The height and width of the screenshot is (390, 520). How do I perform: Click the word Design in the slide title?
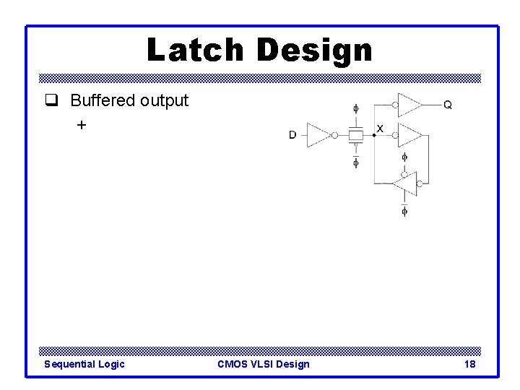pos(313,50)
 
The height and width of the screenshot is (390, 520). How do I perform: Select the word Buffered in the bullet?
pos(103,100)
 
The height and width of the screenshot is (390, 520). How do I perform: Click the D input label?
pos(292,135)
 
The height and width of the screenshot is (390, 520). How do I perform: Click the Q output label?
pos(448,105)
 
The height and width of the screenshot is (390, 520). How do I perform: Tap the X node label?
pos(380,129)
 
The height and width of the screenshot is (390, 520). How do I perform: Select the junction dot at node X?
pos(373,135)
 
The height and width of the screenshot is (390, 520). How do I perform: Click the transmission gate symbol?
pos(355,135)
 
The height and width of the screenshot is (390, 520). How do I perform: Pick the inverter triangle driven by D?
pos(318,135)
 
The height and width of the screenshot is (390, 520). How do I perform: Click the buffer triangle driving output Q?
pos(409,105)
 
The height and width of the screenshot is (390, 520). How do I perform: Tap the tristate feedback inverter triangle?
pos(406,183)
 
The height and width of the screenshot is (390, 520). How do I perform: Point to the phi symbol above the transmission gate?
pos(355,109)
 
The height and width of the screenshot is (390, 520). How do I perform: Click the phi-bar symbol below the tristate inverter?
pos(404,211)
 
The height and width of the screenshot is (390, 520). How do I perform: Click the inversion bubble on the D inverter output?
pos(334,135)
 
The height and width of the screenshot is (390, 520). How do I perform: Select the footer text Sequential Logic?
pos(84,364)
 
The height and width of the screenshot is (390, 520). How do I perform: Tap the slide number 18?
pos(470,364)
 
